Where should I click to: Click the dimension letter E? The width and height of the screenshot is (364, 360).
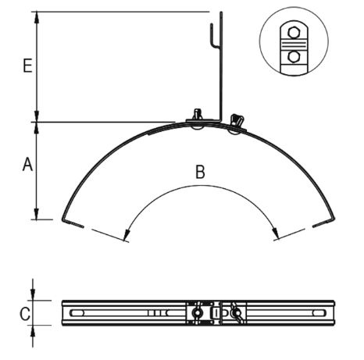point(27,66)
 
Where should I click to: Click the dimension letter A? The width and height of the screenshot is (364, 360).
point(27,164)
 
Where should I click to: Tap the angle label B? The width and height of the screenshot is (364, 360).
point(200,172)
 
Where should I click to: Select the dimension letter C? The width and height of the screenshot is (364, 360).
point(25,313)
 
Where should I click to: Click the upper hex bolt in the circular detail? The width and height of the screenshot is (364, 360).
point(294,33)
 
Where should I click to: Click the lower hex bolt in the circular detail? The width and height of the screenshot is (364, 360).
point(294,56)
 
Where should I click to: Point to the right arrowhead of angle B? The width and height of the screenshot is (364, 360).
point(275,233)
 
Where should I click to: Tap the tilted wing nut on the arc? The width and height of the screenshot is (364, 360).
point(237,121)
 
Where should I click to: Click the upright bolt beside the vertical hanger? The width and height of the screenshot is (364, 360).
point(197,115)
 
